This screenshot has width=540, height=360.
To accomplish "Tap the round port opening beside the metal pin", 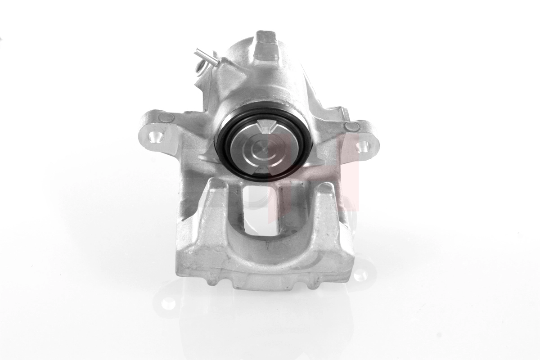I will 200,68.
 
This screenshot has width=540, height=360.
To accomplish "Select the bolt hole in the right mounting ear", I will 363,146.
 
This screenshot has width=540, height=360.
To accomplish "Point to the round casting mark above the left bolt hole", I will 166,118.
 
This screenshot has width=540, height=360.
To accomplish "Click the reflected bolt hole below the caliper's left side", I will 167,302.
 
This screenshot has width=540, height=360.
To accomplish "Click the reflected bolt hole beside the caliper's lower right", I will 360,274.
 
